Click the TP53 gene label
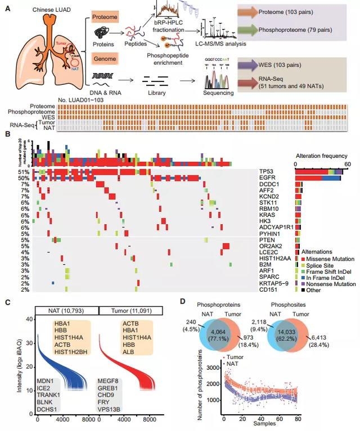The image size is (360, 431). (x=265, y=171)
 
